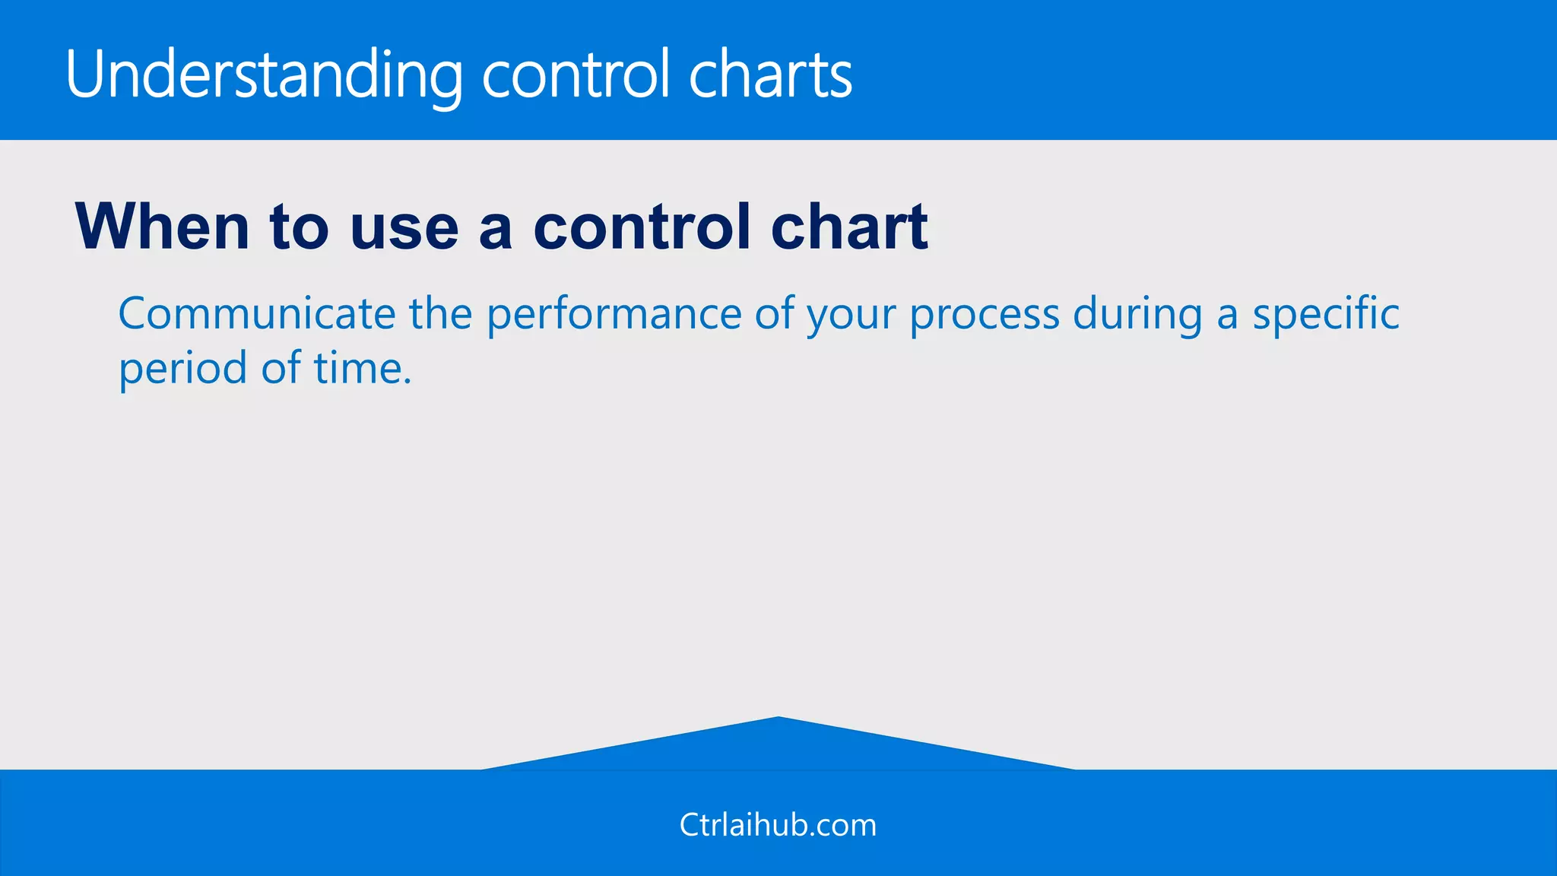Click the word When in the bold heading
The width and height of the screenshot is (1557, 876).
[x=162, y=227]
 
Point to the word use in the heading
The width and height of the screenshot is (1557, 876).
[x=404, y=228]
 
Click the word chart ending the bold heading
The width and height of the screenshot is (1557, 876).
[x=849, y=227]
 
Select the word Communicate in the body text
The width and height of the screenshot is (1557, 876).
[x=257, y=313]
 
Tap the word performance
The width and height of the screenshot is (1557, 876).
[x=614, y=315]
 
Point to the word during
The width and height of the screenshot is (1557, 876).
[x=1137, y=315]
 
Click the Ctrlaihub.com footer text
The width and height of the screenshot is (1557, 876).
[x=778, y=825]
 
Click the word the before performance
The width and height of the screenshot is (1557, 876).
[x=441, y=313]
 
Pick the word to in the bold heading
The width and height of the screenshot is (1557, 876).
[x=300, y=228]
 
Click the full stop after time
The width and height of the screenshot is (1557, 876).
[x=407, y=382]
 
